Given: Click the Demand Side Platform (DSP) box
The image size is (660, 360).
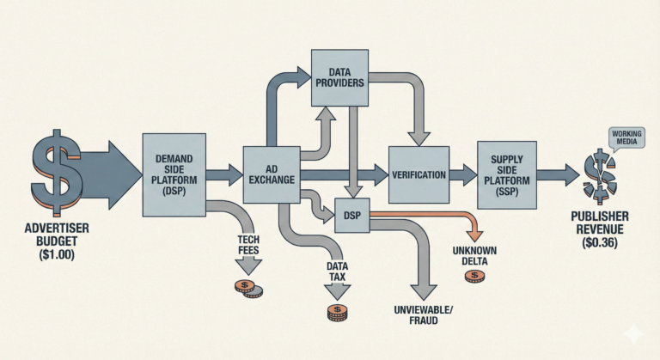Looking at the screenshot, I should [174, 174].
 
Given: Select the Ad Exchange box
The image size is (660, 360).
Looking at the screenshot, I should [272, 174].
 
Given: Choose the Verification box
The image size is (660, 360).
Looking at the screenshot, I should [419, 174].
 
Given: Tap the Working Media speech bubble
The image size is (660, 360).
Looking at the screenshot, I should [626, 138].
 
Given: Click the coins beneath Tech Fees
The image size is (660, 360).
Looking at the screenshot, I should [249, 288].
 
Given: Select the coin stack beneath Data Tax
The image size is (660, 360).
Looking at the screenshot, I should [337, 313].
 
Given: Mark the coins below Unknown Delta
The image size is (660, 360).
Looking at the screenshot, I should [474, 276].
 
